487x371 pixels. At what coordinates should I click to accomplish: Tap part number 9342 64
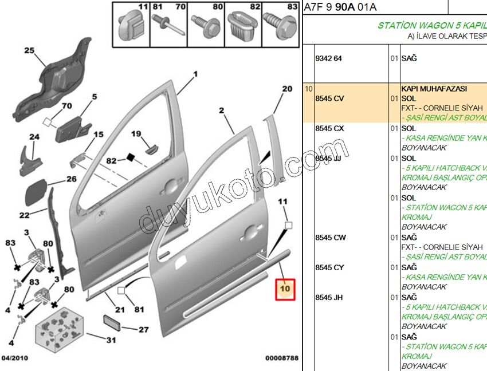[328, 58]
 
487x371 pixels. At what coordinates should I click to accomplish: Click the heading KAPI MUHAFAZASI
[434, 89]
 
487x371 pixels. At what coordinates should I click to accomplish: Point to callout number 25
[29, 50]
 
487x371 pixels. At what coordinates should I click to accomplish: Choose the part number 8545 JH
[329, 297]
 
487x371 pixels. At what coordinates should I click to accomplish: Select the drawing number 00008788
[281, 358]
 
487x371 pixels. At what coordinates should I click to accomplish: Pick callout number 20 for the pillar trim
[286, 89]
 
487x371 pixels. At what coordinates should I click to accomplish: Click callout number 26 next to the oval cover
[71, 179]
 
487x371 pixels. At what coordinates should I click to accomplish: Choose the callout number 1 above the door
[195, 74]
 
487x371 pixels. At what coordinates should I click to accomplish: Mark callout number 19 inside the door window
[136, 134]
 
